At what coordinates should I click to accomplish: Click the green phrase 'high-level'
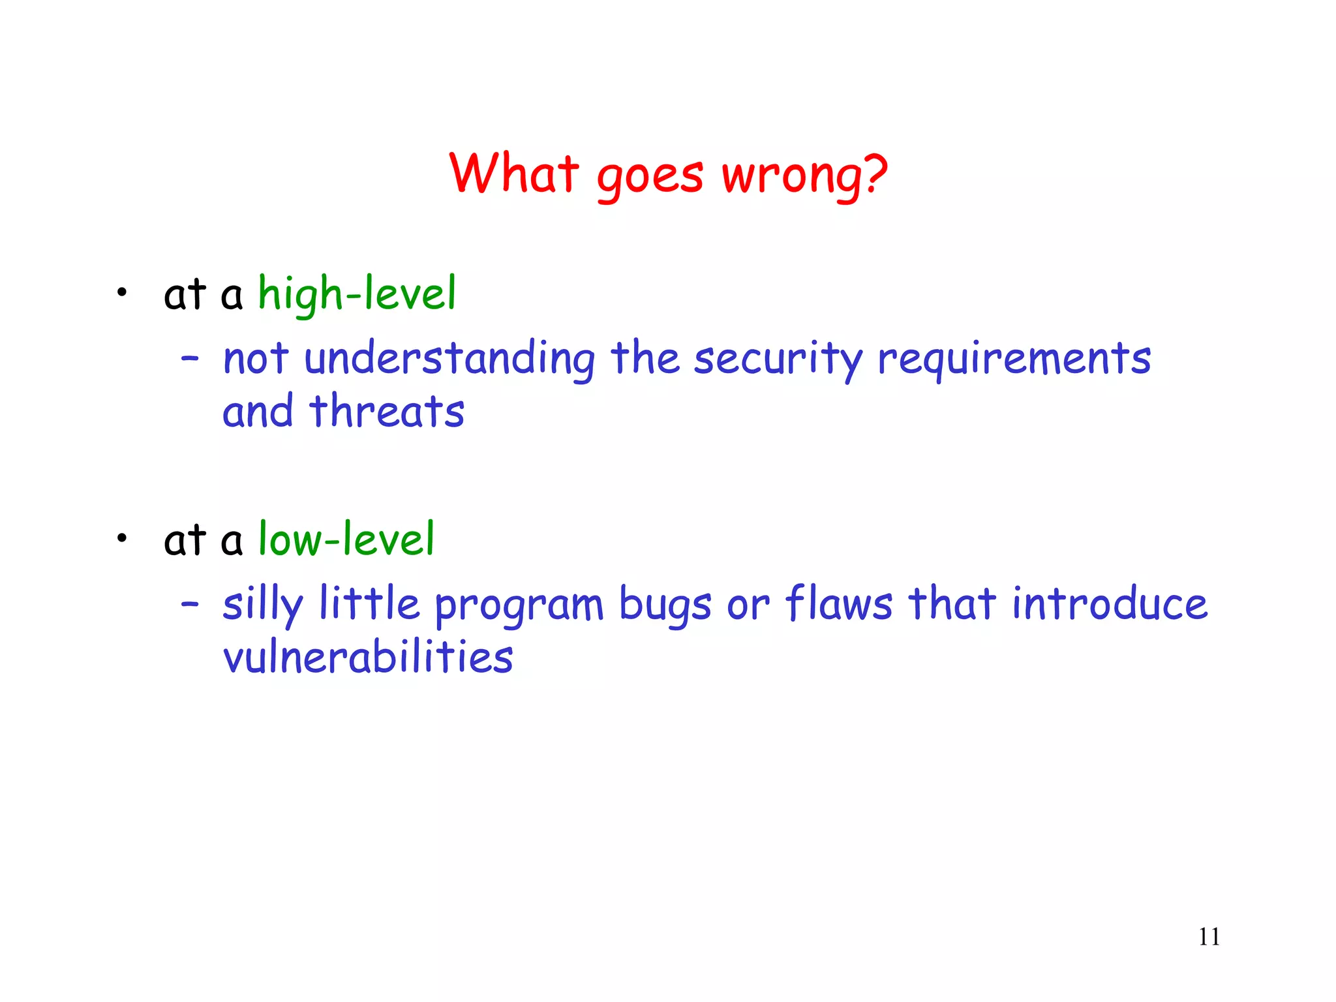pos(357,294)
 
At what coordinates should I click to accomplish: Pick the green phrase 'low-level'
pos(346,540)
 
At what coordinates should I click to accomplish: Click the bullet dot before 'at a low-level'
pos(121,539)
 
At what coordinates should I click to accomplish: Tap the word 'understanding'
pos(449,359)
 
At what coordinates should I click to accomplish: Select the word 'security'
pos(778,360)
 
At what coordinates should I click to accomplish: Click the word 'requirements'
pos(1014,360)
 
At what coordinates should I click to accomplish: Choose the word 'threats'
pos(387,412)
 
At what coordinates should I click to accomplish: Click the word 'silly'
pos(263,605)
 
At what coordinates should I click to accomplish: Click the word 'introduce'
pos(1109,603)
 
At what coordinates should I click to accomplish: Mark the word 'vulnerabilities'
pos(368,657)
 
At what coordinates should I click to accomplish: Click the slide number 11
pos(1209,937)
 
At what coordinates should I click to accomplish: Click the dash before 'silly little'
pos(190,604)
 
